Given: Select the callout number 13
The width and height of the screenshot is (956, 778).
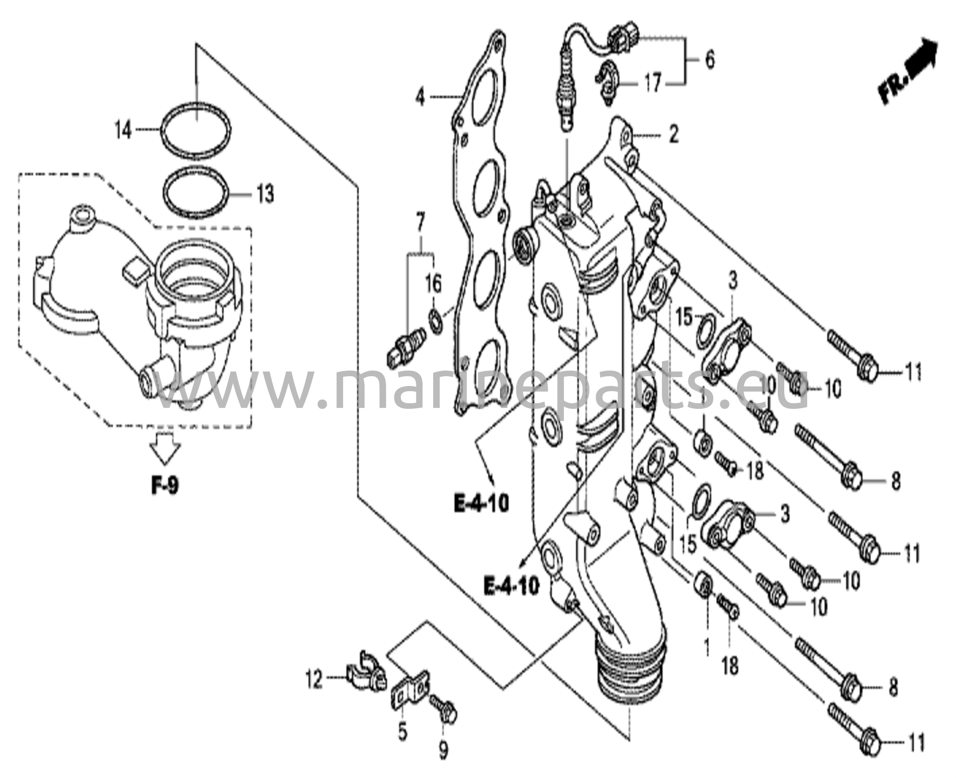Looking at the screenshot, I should point(265,194).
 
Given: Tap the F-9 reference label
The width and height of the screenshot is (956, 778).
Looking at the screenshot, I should point(164,487).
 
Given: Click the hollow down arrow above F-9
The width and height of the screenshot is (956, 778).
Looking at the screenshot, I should point(164,449).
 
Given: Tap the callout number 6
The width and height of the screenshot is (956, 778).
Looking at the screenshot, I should point(709,60).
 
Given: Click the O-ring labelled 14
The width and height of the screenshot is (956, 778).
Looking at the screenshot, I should point(196,129).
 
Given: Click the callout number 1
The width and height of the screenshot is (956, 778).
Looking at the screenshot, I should point(706,646).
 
